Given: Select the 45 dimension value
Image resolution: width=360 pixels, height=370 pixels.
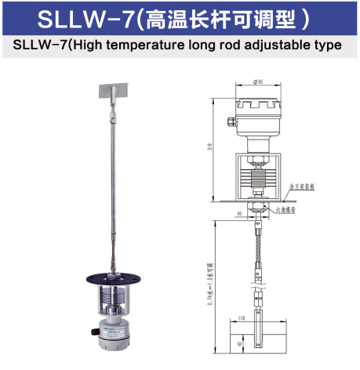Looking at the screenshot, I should point(238,212).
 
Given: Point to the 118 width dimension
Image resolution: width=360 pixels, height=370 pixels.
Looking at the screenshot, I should point(242,319).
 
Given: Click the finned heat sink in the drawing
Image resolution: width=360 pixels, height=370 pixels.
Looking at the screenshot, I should point(257,173).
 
